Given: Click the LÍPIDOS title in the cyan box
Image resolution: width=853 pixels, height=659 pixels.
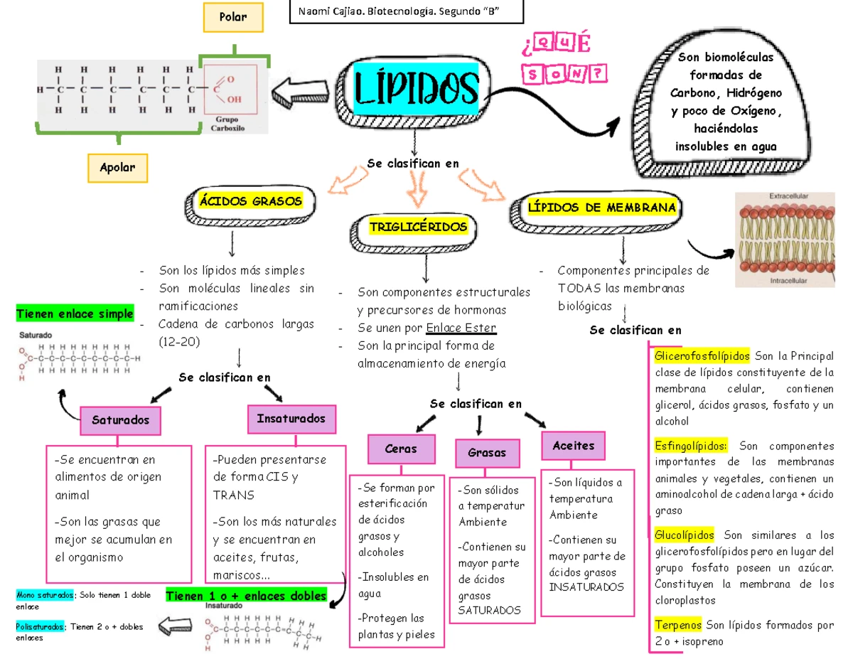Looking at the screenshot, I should click(x=416, y=87).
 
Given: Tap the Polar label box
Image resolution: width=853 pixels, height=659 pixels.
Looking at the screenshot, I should click(x=233, y=16).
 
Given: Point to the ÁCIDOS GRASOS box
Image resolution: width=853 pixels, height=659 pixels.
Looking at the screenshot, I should click(x=250, y=201).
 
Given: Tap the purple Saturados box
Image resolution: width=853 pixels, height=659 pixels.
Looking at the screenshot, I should click(x=120, y=420).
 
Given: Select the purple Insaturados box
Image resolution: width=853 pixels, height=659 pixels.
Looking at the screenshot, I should click(x=291, y=419).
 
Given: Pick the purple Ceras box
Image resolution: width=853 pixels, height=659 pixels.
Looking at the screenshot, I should click(x=401, y=449).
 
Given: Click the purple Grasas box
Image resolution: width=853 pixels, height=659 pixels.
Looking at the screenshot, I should click(x=487, y=452).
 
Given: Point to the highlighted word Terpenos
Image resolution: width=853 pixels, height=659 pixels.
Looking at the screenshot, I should click(x=677, y=625).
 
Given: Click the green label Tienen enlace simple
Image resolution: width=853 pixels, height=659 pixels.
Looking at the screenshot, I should click(x=75, y=314).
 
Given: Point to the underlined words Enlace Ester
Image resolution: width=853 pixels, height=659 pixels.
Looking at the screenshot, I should click(x=461, y=328).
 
